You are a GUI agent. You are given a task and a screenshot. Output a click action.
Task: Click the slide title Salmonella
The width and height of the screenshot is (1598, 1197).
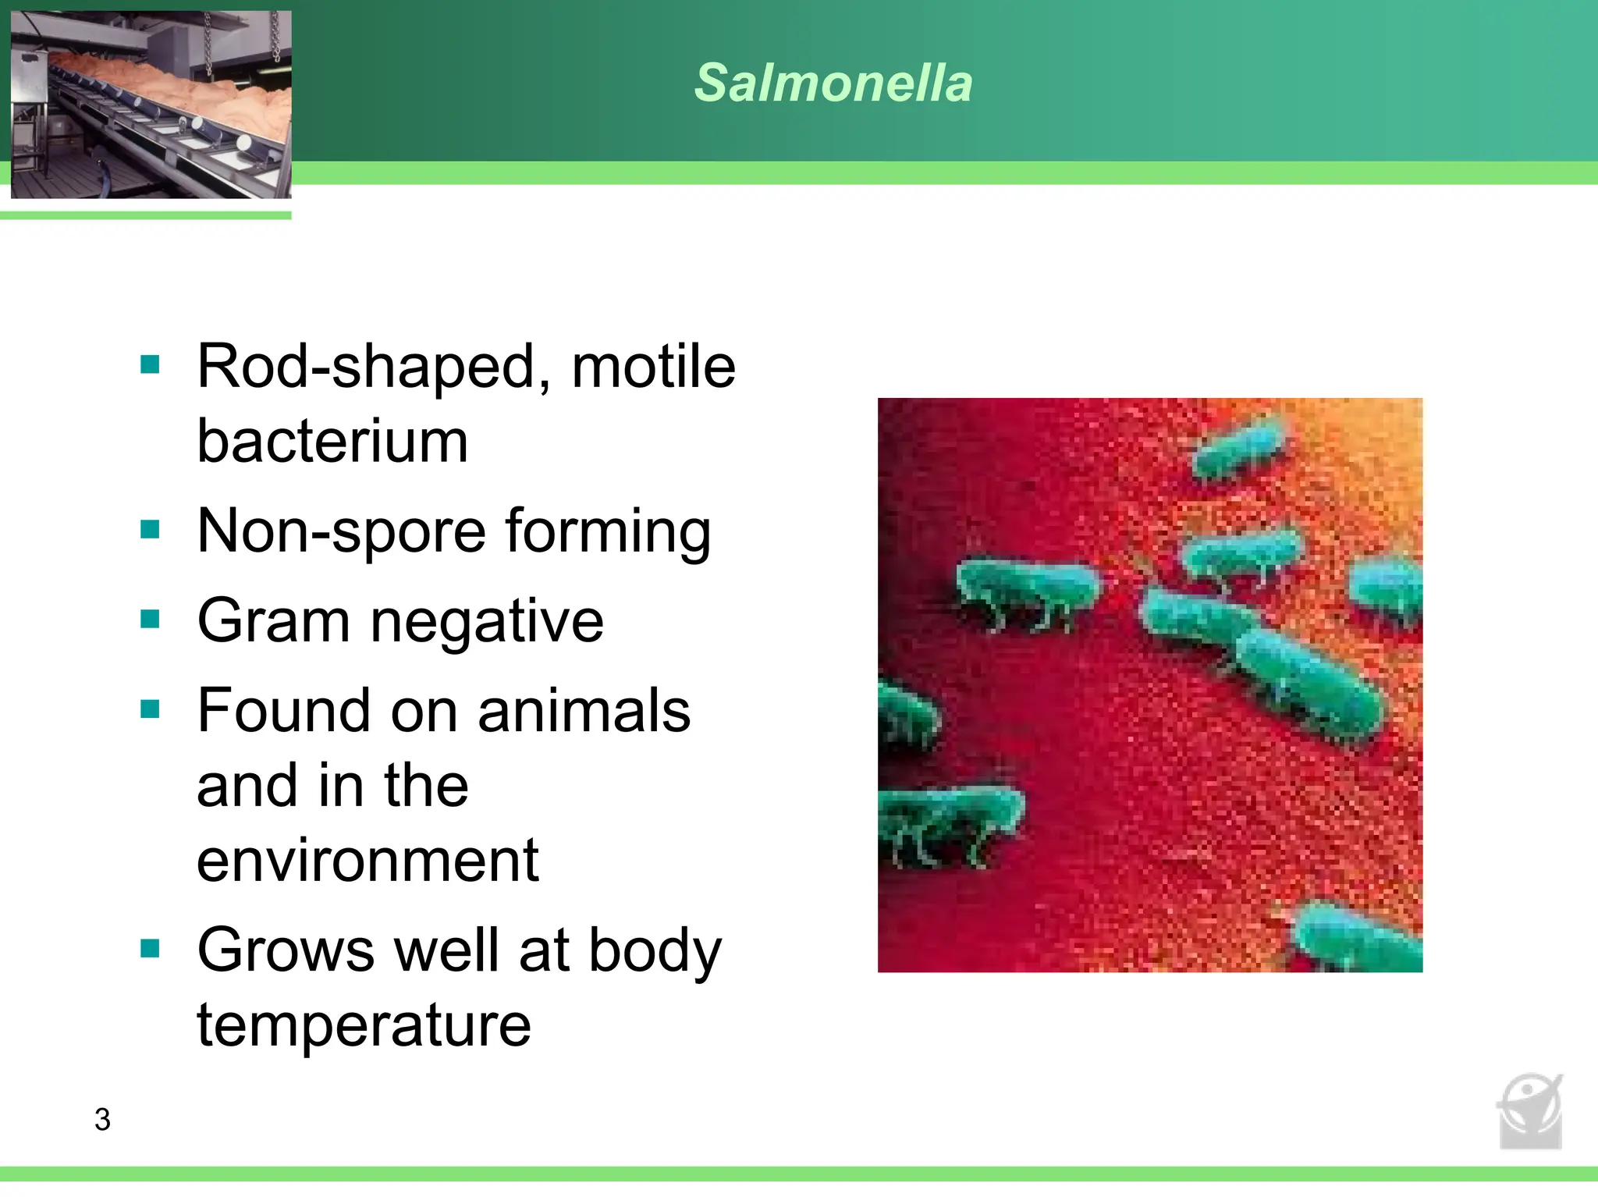tap(833, 83)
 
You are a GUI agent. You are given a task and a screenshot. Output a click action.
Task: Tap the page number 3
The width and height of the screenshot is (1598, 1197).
tap(102, 1119)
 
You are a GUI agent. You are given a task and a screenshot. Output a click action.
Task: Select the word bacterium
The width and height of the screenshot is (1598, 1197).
tap(332, 441)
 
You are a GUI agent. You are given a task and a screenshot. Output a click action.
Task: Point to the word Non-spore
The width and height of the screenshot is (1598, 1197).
tap(342, 532)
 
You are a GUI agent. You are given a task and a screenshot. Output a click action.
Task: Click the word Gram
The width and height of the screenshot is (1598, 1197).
tap(273, 621)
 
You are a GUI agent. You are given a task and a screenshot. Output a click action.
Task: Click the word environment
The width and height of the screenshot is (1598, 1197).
tap(368, 861)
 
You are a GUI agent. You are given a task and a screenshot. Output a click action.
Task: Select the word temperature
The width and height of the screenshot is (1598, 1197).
tap(364, 1025)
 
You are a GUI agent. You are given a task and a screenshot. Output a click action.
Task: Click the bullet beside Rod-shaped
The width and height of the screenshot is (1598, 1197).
tap(150, 364)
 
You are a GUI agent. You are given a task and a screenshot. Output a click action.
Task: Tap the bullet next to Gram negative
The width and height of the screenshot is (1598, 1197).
tap(150, 620)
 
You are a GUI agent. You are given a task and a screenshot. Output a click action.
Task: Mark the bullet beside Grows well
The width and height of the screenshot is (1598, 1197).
tap(150, 949)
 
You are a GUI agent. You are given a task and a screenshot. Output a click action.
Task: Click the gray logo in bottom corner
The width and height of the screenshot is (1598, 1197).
tap(1530, 1111)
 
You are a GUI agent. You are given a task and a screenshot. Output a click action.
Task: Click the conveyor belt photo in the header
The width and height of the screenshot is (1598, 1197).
tap(151, 105)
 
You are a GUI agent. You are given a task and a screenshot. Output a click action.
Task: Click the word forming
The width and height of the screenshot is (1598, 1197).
tap(608, 532)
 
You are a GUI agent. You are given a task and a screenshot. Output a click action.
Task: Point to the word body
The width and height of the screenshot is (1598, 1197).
tap(655, 951)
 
